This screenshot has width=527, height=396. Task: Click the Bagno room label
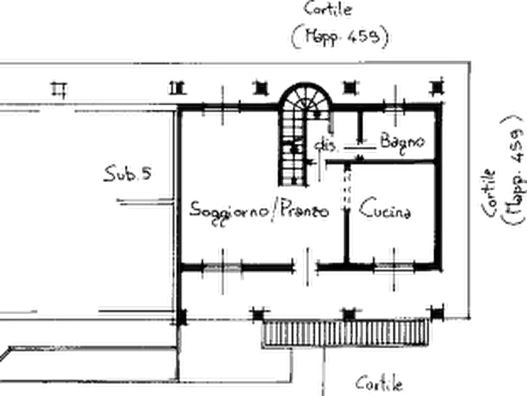click(x=402, y=142)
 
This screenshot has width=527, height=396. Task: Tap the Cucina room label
click(x=385, y=209)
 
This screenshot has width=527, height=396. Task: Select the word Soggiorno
click(x=229, y=211)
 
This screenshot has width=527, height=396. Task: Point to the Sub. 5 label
click(x=127, y=173)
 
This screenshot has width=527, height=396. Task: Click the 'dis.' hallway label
click(x=325, y=145)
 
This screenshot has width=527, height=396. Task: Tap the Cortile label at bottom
click(x=379, y=384)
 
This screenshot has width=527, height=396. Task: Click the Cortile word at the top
click(x=328, y=9)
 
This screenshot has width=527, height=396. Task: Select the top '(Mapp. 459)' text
click(x=341, y=36)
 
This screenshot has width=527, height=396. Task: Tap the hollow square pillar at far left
click(x=59, y=90)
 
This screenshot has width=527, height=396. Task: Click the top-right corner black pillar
click(x=436, y=87)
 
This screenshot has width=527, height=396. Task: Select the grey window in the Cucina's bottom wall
click(x=394, y=267)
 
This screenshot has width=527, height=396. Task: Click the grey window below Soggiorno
click(x=222, y=268)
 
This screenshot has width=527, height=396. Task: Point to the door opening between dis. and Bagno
click(x=360, y=148)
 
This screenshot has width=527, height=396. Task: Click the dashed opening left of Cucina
click(x=347, y=189)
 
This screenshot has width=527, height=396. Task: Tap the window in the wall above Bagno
click(x=395, y=107)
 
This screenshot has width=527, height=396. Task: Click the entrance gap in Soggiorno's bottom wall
click(x=306, y=268)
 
